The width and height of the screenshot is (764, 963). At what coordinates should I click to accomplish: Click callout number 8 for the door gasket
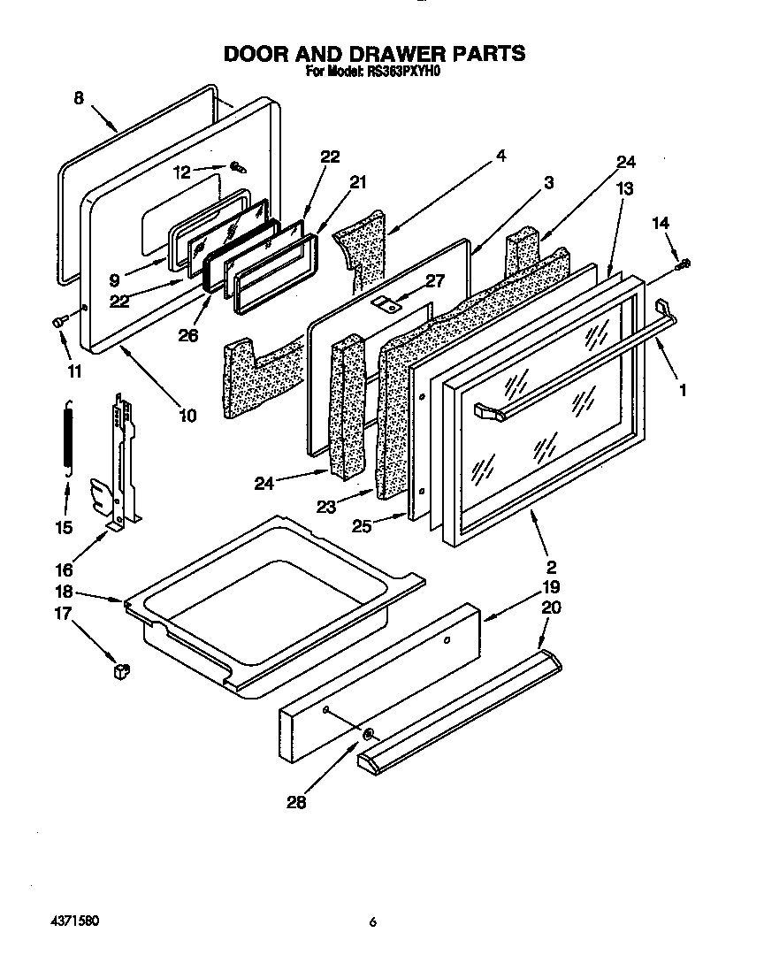[x=79, y=99]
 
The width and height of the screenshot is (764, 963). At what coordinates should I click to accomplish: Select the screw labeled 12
[x=237, y=166]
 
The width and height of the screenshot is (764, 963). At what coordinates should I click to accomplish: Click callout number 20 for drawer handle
[x=550, y=608]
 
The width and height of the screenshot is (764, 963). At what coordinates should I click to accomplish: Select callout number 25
[x=360, y=525]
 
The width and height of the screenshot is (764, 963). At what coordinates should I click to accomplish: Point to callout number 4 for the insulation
[x=500, y=156]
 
